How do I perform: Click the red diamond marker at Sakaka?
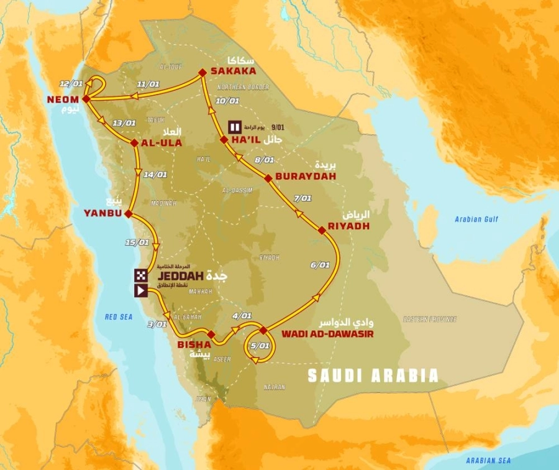[x=201, y=73]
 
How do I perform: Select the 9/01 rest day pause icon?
[x=234, y=127]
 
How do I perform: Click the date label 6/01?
[x=320, y=265]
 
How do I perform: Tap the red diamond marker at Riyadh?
[x=322, y=231]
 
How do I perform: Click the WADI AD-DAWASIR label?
[x=322, y=334]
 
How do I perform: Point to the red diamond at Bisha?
[x=212, y=334]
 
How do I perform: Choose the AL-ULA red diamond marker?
[x=134, y=143]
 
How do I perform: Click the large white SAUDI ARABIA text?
[x=373, y=376]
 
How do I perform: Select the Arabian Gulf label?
[x=476, y=219]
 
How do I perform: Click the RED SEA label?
[x=119, y=317]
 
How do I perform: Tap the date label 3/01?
[x=158, y=324]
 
